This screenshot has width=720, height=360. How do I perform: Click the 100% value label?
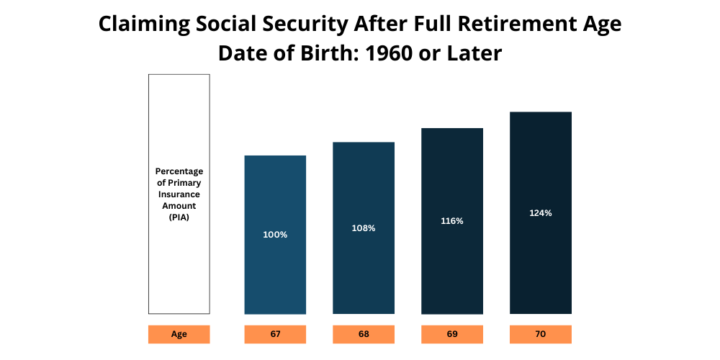(x=275, y=235)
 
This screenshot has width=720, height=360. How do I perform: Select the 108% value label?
(x=364, y=228)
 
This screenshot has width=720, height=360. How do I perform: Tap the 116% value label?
(x=452, y=221)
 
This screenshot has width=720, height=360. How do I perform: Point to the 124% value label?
(x=540, y=213)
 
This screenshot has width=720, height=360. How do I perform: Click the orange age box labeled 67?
(x=275, y=335)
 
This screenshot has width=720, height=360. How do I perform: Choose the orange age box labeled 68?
(x=364, y=335)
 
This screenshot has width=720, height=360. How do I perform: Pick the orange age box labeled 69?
(x=452, y=335)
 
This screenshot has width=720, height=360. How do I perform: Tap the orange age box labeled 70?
(x=540, y=335)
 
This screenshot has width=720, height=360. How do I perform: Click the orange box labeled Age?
(x=179, y=335)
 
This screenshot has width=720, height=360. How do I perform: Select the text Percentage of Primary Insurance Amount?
(x=179, y=189)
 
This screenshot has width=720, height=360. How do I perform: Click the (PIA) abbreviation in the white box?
(x=179, y=217)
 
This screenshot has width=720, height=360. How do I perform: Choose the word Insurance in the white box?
(x=179, y=194)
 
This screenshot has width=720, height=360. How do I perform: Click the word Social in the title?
(x=225, y=24)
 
